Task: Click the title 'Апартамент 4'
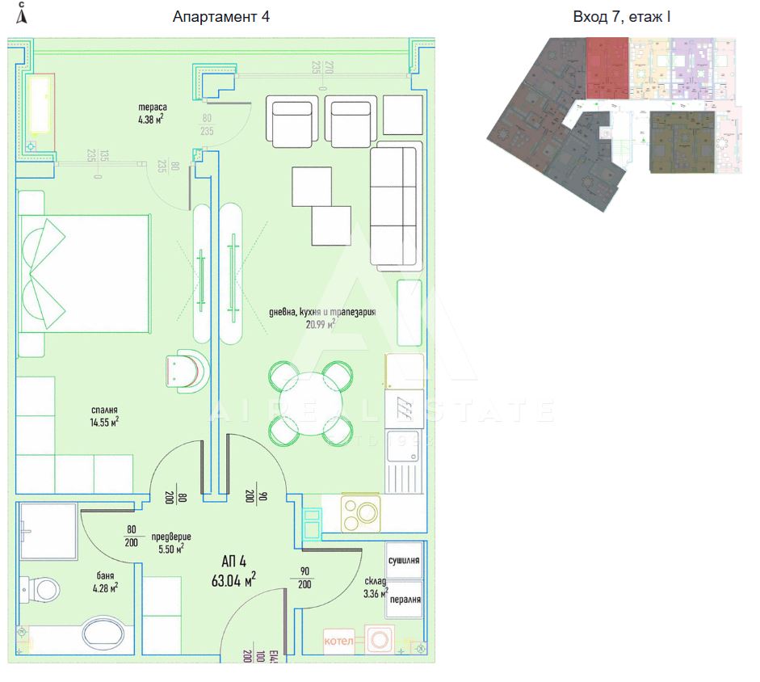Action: tap(220, 17)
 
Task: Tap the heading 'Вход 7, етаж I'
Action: tap(621, 17)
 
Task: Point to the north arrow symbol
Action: tap(21, 14)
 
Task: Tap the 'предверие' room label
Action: tap(170, 536)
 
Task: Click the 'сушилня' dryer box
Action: tap(404, 559)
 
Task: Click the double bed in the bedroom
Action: tap(84, 272)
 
